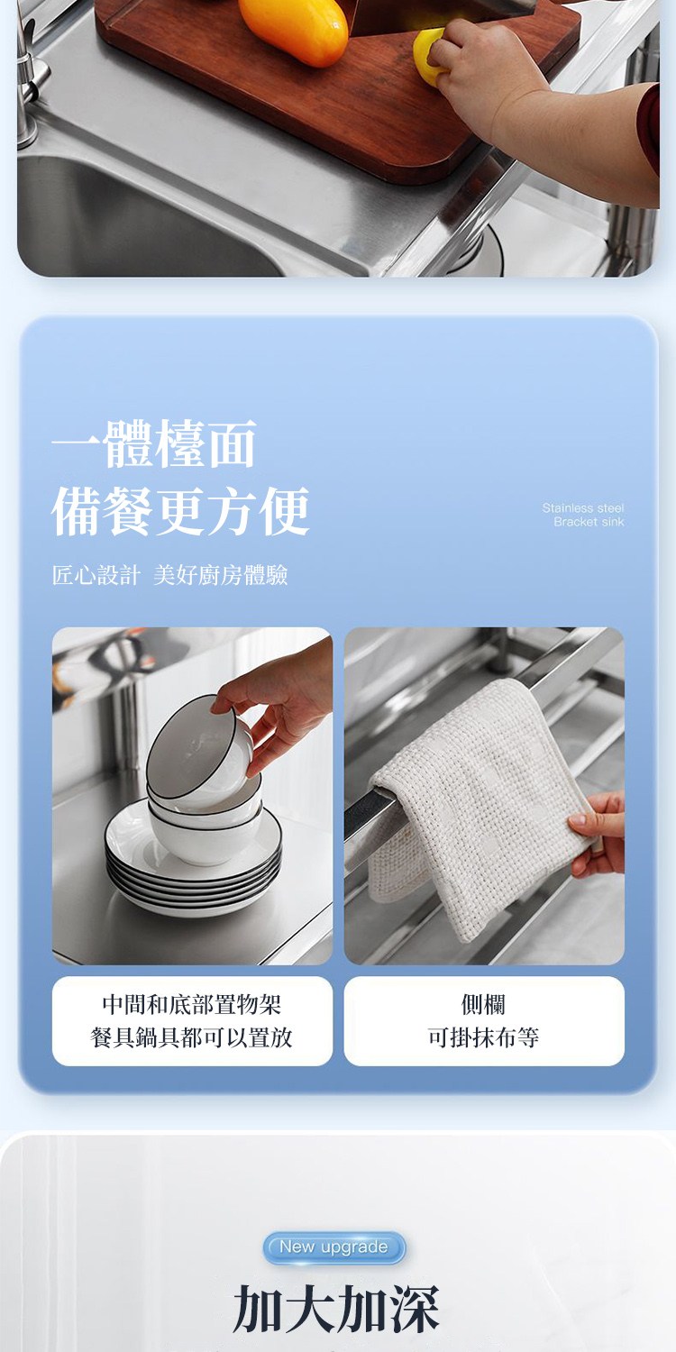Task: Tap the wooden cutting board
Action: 338,90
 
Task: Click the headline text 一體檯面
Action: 154,444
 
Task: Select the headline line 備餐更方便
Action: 180,511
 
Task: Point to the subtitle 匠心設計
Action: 96,575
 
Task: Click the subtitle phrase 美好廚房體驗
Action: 220,575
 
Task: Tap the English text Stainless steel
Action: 583,507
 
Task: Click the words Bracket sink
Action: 589,522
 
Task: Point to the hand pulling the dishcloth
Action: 598,834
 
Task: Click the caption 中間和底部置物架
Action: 192,1005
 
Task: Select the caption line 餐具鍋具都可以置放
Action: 192,1037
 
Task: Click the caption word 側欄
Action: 483,1005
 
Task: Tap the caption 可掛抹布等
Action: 483,1037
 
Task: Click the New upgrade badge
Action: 333,1247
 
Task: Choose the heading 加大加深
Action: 336,1309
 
